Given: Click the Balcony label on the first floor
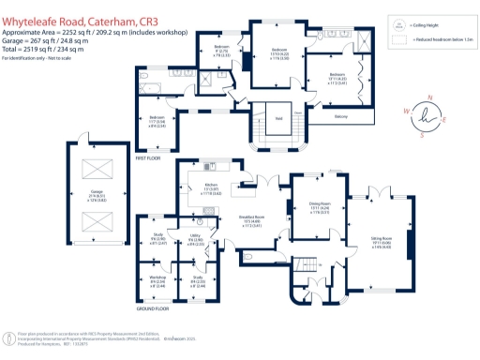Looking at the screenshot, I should click(343, 116).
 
